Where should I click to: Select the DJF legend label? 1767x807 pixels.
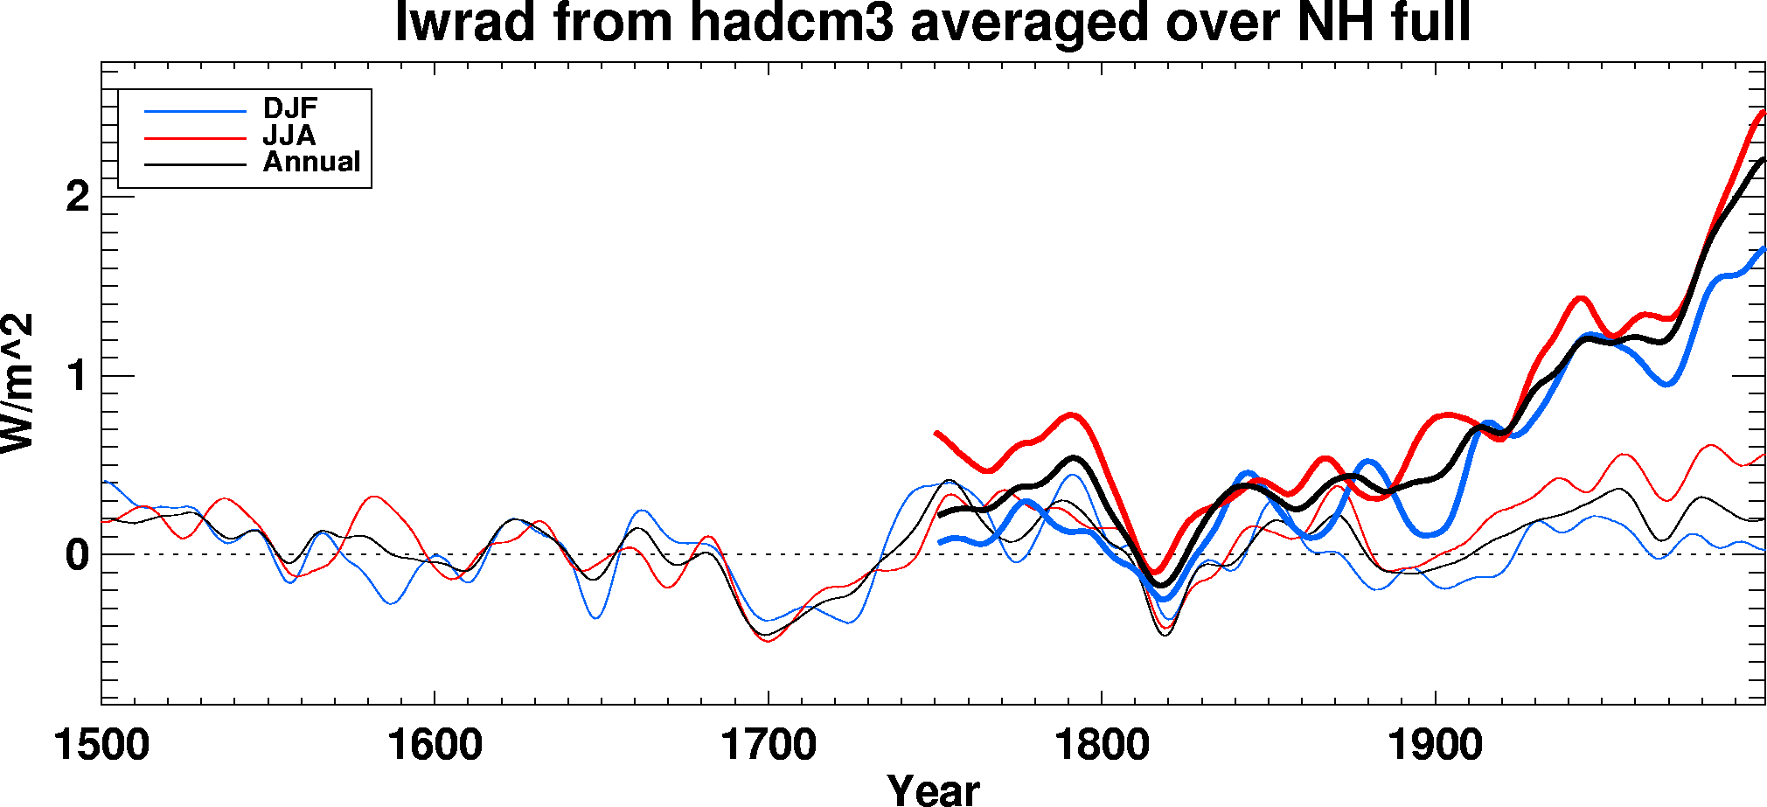coord(290,108)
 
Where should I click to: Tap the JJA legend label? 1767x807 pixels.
coord(289,136)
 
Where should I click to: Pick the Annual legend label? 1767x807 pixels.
coord(311,163)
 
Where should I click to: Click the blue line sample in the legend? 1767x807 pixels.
coord(195,111)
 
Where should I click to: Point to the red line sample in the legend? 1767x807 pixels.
coord(195,138)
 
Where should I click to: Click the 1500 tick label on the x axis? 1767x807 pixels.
coord(101,746)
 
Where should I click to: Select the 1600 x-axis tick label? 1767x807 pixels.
coord(435,746)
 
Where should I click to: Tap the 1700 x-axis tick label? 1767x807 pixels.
coord(768,746)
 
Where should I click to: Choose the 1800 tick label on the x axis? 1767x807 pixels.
coord(1102,746)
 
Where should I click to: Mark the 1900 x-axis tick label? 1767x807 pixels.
coord(1435,746)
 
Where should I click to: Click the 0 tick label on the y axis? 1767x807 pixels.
coord(77,555)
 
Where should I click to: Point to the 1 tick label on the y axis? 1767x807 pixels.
coord(77,376)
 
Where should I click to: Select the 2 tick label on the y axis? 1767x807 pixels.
coord(77,197)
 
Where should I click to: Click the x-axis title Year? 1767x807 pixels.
coord(933,790)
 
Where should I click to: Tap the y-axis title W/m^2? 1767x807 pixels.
coord(17,383)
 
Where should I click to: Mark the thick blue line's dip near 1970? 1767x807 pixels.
coord(1668,384)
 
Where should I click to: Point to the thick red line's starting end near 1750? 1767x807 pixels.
coord(936,433)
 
